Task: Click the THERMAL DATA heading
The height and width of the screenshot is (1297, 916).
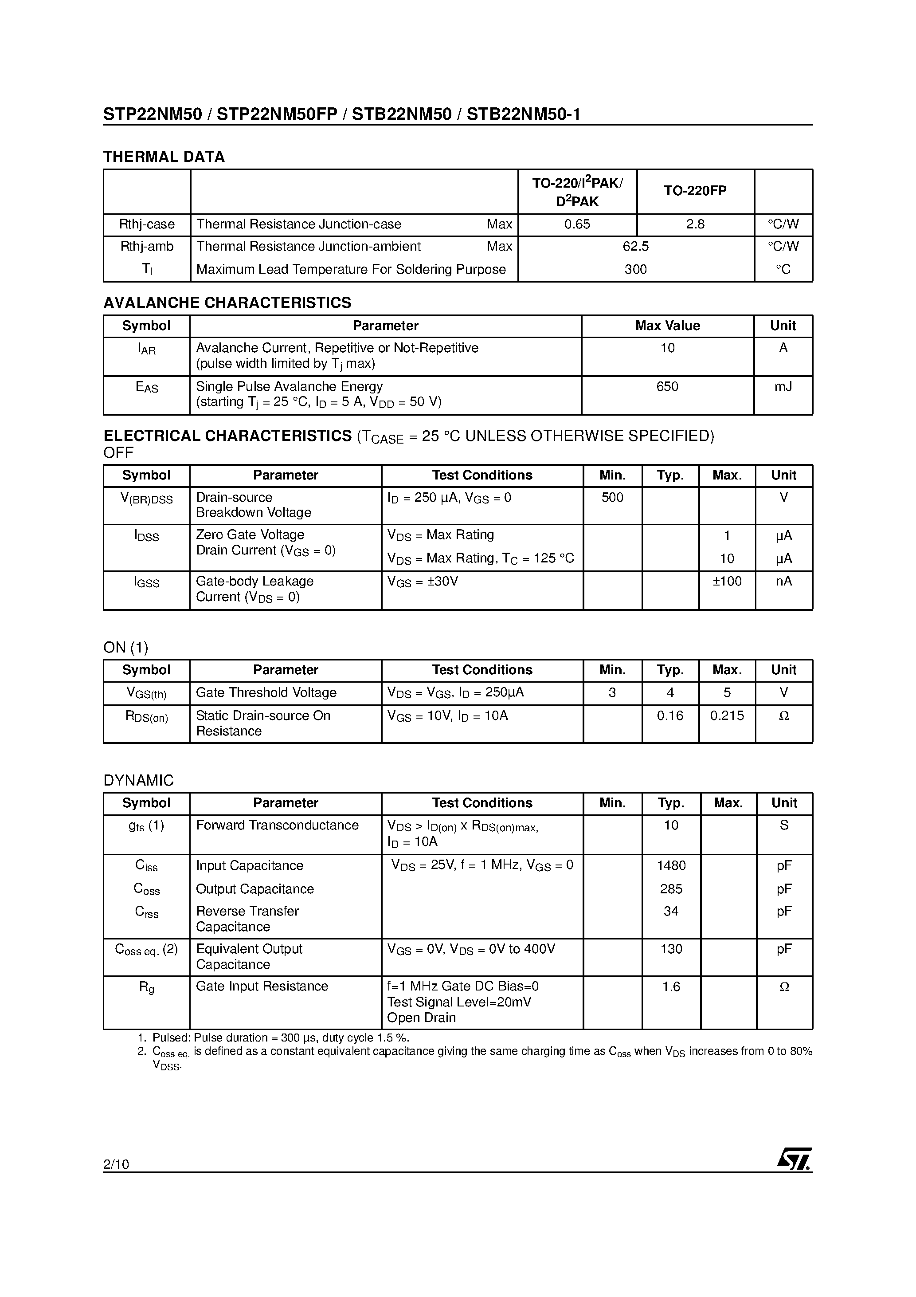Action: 164,157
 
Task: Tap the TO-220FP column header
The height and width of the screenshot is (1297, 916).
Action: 695,191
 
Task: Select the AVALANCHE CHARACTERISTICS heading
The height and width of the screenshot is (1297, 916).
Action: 227,303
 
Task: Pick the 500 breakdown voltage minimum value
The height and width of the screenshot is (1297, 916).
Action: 612,497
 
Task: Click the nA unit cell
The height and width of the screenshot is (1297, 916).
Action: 783,581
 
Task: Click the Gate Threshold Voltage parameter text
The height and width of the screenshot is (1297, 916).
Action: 266,692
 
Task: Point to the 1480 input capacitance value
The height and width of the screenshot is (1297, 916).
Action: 671,865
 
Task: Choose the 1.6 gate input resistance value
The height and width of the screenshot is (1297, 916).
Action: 671,987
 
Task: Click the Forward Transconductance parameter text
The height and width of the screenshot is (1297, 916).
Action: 277,825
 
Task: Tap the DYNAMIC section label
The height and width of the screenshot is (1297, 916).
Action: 138,781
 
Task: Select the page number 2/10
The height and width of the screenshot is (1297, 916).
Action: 116,1164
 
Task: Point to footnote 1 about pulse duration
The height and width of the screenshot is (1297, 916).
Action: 274,1038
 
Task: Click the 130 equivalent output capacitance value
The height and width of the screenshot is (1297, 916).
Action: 671,949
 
